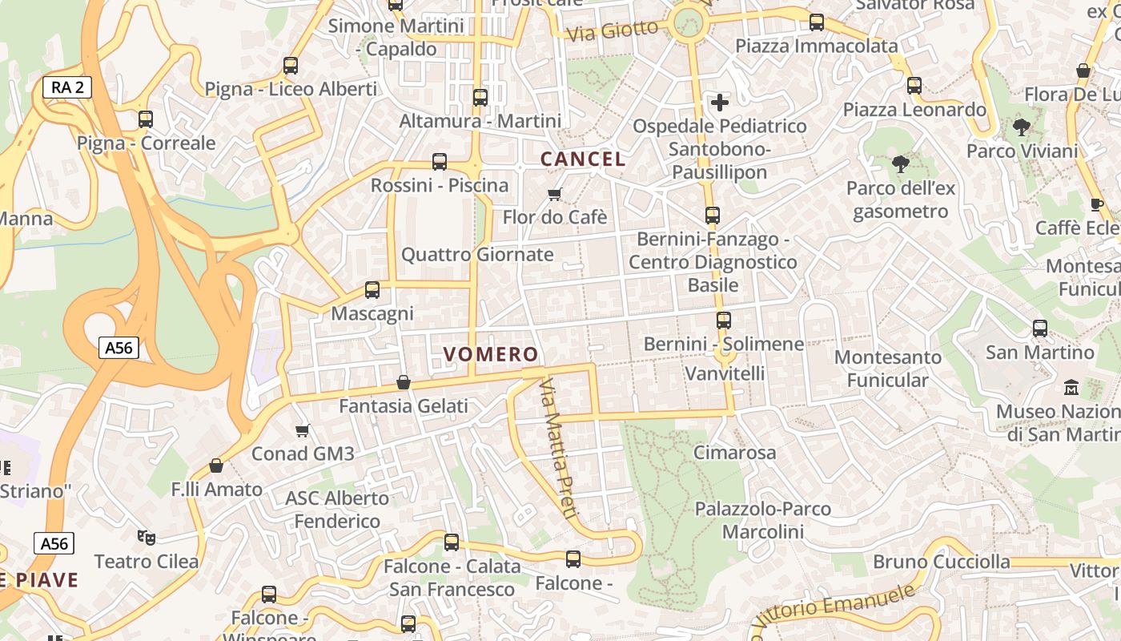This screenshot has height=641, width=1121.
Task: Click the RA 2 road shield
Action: [x=67, y=87]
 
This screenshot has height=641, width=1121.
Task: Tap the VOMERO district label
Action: [x=491, y=354]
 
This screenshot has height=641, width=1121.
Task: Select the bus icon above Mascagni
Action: [x=372, y=290]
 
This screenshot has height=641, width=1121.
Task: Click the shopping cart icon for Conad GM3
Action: [x=303, y=431]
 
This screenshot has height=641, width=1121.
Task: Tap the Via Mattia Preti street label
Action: [x=557, y=450]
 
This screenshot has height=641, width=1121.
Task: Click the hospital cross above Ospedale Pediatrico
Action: [x=720, y=103]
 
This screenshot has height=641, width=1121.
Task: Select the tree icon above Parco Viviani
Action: [x=1021, y=127]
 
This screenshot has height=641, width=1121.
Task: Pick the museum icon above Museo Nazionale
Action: [x=1071, y=388]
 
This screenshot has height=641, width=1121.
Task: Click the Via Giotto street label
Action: [x=612, y=31]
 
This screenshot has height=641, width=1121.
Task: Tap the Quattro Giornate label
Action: [x=477, y=255]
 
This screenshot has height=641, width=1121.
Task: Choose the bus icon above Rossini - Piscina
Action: [x=440, y=162]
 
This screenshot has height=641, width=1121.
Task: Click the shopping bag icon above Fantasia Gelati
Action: [x=404, y=382]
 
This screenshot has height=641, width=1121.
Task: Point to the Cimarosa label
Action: [x=734, y=453]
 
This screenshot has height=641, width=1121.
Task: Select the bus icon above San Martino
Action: [x=1039, y=329]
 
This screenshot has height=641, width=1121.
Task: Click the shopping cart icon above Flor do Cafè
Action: [x=554, y=194]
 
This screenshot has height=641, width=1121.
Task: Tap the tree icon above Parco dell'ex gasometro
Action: [x=901, y=165]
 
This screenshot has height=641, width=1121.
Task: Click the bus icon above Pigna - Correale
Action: [x=146, y=119]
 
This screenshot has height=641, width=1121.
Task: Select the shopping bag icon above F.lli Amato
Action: [x=216, y=466]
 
